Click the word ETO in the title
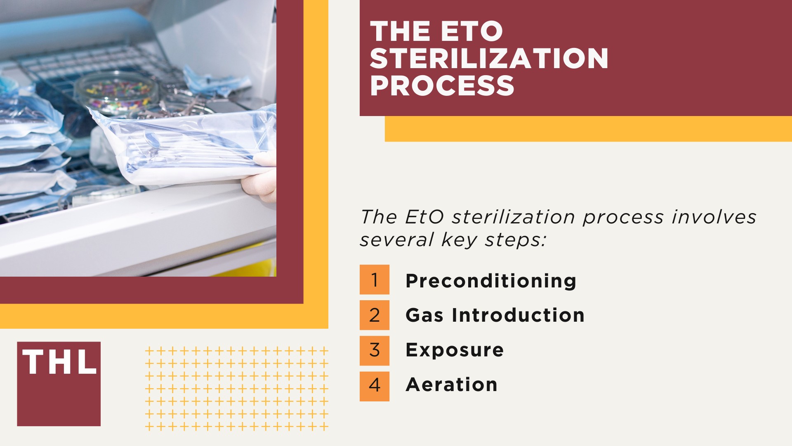point(472,31)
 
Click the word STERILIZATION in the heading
point(489,58)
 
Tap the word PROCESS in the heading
point(442,85)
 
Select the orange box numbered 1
point(374,280)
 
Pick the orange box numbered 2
point(374,315)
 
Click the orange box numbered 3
point(374,350)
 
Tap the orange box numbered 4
point(374,386)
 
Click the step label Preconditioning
point(490,281)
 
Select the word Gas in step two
point(424,316)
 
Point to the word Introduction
point(518,316)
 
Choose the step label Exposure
point(454,350)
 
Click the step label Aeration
point(451,385)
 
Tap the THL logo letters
point(59,362)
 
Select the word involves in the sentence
point(714,217)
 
